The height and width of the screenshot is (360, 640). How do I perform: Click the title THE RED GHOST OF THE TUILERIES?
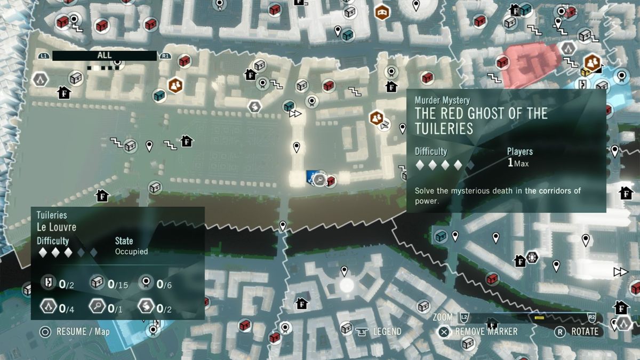click(481, 121)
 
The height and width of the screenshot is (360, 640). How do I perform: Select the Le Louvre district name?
click(57, 227)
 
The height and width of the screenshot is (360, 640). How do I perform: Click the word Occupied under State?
click(131, 251)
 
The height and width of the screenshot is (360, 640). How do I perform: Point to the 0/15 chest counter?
click(118, 284)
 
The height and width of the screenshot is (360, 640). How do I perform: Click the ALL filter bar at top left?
click(104, 55)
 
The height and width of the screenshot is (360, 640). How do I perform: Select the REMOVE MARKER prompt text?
click(486, 331)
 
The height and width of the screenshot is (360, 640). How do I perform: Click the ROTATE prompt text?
click(585, 331)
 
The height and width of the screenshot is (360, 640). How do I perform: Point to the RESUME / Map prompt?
click(83, 332)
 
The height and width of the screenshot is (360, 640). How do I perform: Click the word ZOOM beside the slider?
click(443, 317)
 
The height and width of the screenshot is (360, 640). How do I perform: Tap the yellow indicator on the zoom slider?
click(539, 318)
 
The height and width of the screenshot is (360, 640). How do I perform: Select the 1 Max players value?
click(518, 163)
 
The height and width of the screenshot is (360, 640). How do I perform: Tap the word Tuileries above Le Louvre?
click(52, 215)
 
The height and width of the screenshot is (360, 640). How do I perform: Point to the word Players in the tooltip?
click(519, 151)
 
